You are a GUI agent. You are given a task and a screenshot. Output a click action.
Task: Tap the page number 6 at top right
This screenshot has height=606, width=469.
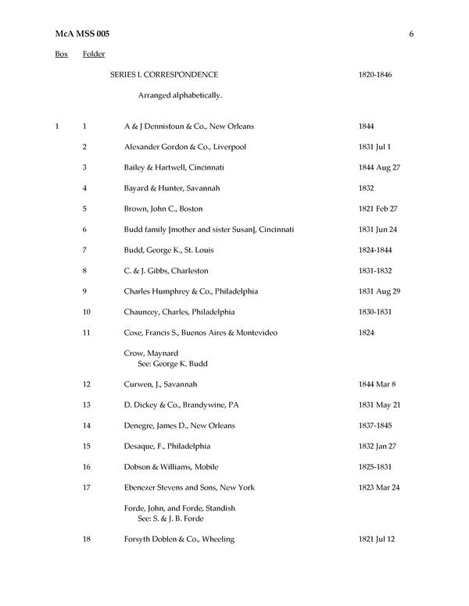point(410,34)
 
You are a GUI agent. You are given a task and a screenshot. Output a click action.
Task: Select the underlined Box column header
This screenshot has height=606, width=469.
point(62,54)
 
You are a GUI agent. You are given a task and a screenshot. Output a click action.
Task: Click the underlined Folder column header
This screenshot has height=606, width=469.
point(94,54)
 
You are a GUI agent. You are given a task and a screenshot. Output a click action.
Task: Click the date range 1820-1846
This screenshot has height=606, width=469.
point(375,75)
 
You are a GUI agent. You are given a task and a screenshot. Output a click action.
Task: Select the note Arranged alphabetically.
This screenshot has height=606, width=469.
point(181,95)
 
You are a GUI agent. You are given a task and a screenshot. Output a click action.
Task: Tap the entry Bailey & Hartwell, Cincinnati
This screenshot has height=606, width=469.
point(174,167)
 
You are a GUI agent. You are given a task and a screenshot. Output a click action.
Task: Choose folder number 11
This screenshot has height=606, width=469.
point(86,333)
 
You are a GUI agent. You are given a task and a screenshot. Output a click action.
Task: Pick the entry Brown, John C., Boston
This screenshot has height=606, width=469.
point(163,209)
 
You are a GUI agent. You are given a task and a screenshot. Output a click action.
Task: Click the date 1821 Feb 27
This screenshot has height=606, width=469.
point(378,209)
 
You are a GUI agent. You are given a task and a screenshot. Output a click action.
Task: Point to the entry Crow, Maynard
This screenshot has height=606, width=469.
point(151,353)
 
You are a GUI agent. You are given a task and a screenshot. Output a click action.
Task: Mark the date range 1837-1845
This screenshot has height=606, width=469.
point(375,426)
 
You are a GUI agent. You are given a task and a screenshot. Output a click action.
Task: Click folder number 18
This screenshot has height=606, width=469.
point(86,539)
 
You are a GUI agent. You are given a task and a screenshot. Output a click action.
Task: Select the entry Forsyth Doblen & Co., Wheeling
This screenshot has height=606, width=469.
point(179,539)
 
